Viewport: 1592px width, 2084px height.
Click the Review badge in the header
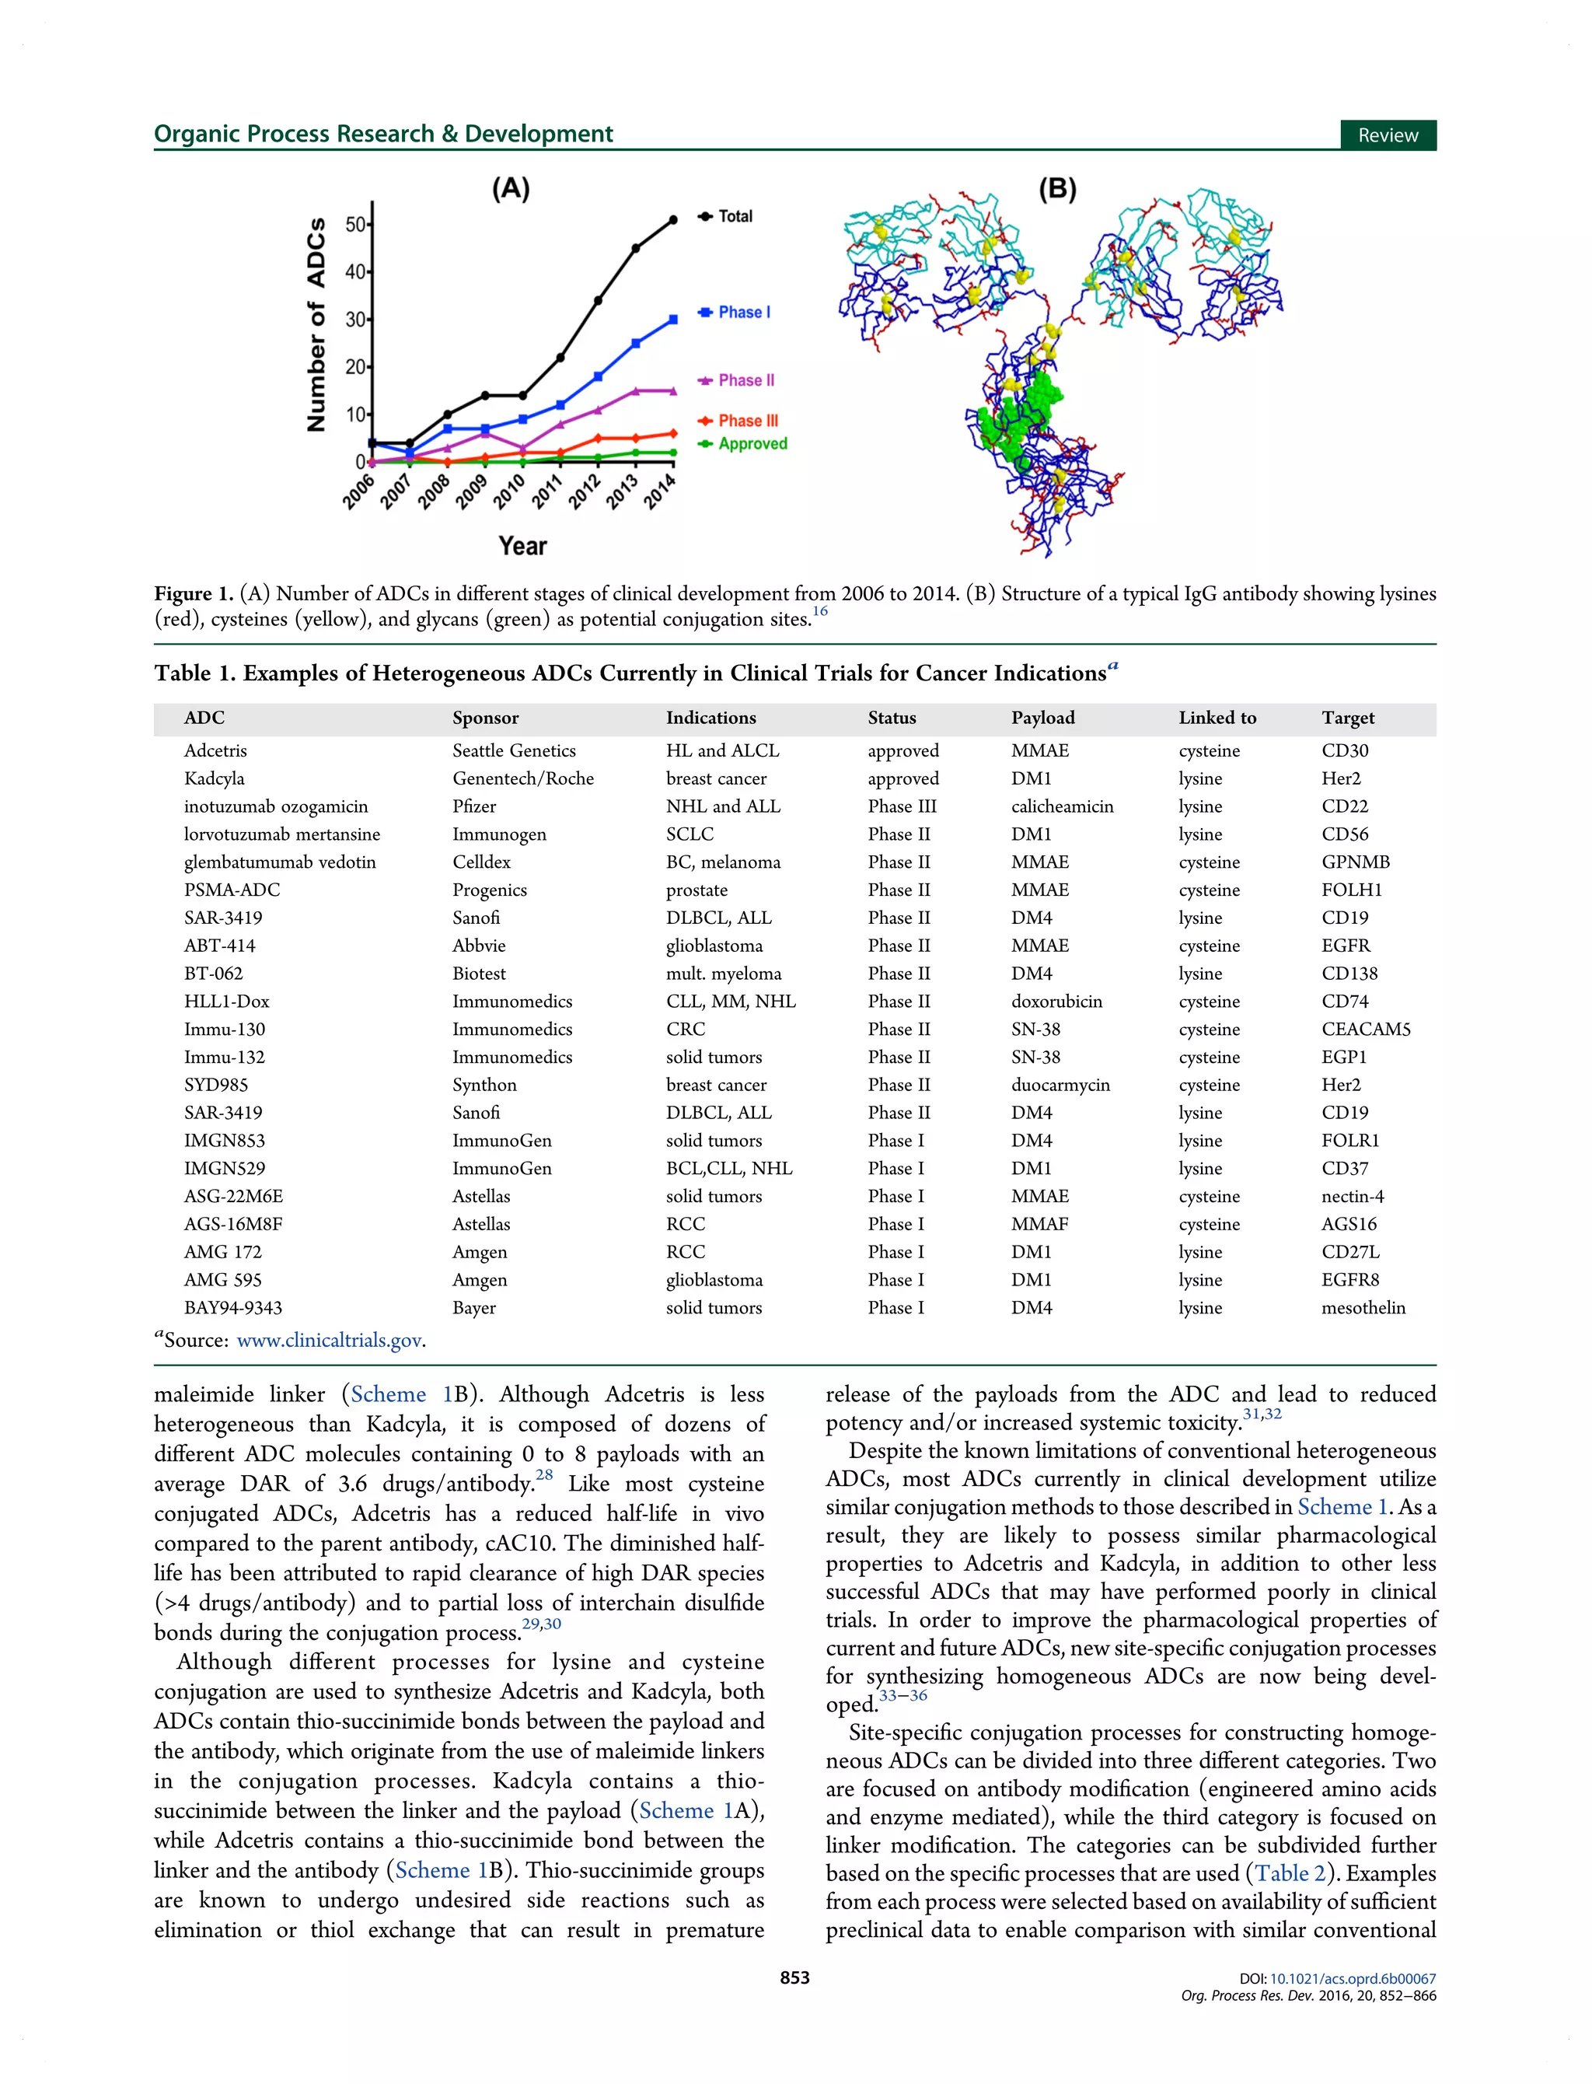1388,135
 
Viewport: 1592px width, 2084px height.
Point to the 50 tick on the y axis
355,225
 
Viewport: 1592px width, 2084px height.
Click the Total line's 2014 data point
673,220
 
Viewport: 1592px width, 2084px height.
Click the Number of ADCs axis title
316,325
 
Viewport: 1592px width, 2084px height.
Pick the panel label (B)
1057,189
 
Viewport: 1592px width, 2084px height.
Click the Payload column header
1042,718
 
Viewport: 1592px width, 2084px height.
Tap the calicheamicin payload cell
1061,806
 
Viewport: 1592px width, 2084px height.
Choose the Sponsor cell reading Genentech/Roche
523,778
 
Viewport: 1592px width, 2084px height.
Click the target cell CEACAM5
1366,1030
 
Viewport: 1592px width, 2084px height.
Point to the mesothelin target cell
1363,1308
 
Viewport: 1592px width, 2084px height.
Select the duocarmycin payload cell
1060,1085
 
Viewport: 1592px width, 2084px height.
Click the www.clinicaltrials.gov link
329,1340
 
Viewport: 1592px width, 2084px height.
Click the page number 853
795,1978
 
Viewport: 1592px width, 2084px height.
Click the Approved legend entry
752,443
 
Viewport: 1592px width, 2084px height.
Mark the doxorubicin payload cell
1056,1002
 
